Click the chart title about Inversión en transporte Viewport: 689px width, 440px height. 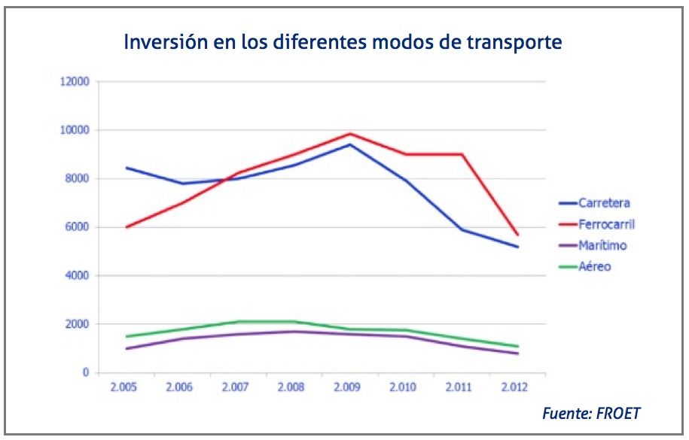[343, 41]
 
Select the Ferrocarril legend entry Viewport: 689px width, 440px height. [607, 224]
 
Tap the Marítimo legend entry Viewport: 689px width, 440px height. [602, 245]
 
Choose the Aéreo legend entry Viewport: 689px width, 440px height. [595, 266]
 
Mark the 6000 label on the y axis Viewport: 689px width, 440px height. [78, 227]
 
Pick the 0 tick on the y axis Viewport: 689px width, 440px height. [85, 373]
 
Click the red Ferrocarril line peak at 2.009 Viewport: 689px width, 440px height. [349, 134]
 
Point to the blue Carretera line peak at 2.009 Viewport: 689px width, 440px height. [349, 144]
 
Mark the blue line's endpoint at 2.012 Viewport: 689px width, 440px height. [518, 247]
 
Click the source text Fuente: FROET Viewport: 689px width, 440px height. [591, 413]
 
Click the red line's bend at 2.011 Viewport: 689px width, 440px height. [461, 154]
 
